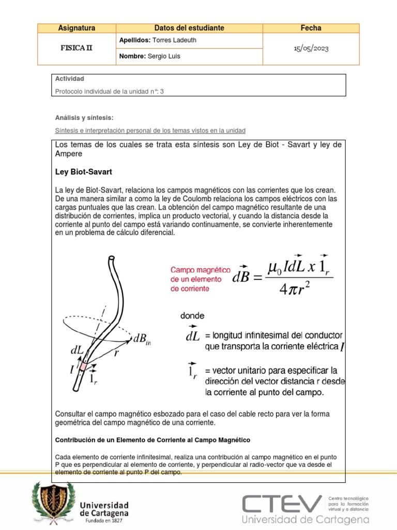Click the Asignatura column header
[x=77, y=28]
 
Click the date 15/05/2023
[x=311, y=49]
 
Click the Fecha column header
[x=311, y=28]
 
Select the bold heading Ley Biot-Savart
[x=84, y=171]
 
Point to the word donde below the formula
[x=192, y=315]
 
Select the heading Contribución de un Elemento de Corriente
[x=152, y=439]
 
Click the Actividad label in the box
[x=69, y=79]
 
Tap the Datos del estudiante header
[x=189, y=28]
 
